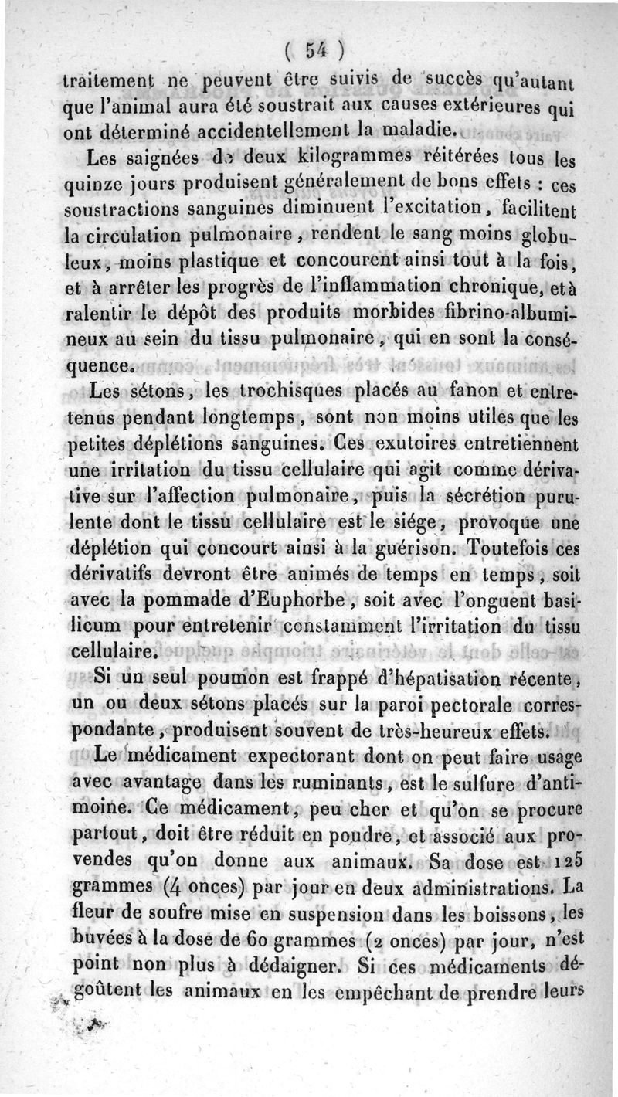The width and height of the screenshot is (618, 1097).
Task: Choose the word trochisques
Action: [272, 393]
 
